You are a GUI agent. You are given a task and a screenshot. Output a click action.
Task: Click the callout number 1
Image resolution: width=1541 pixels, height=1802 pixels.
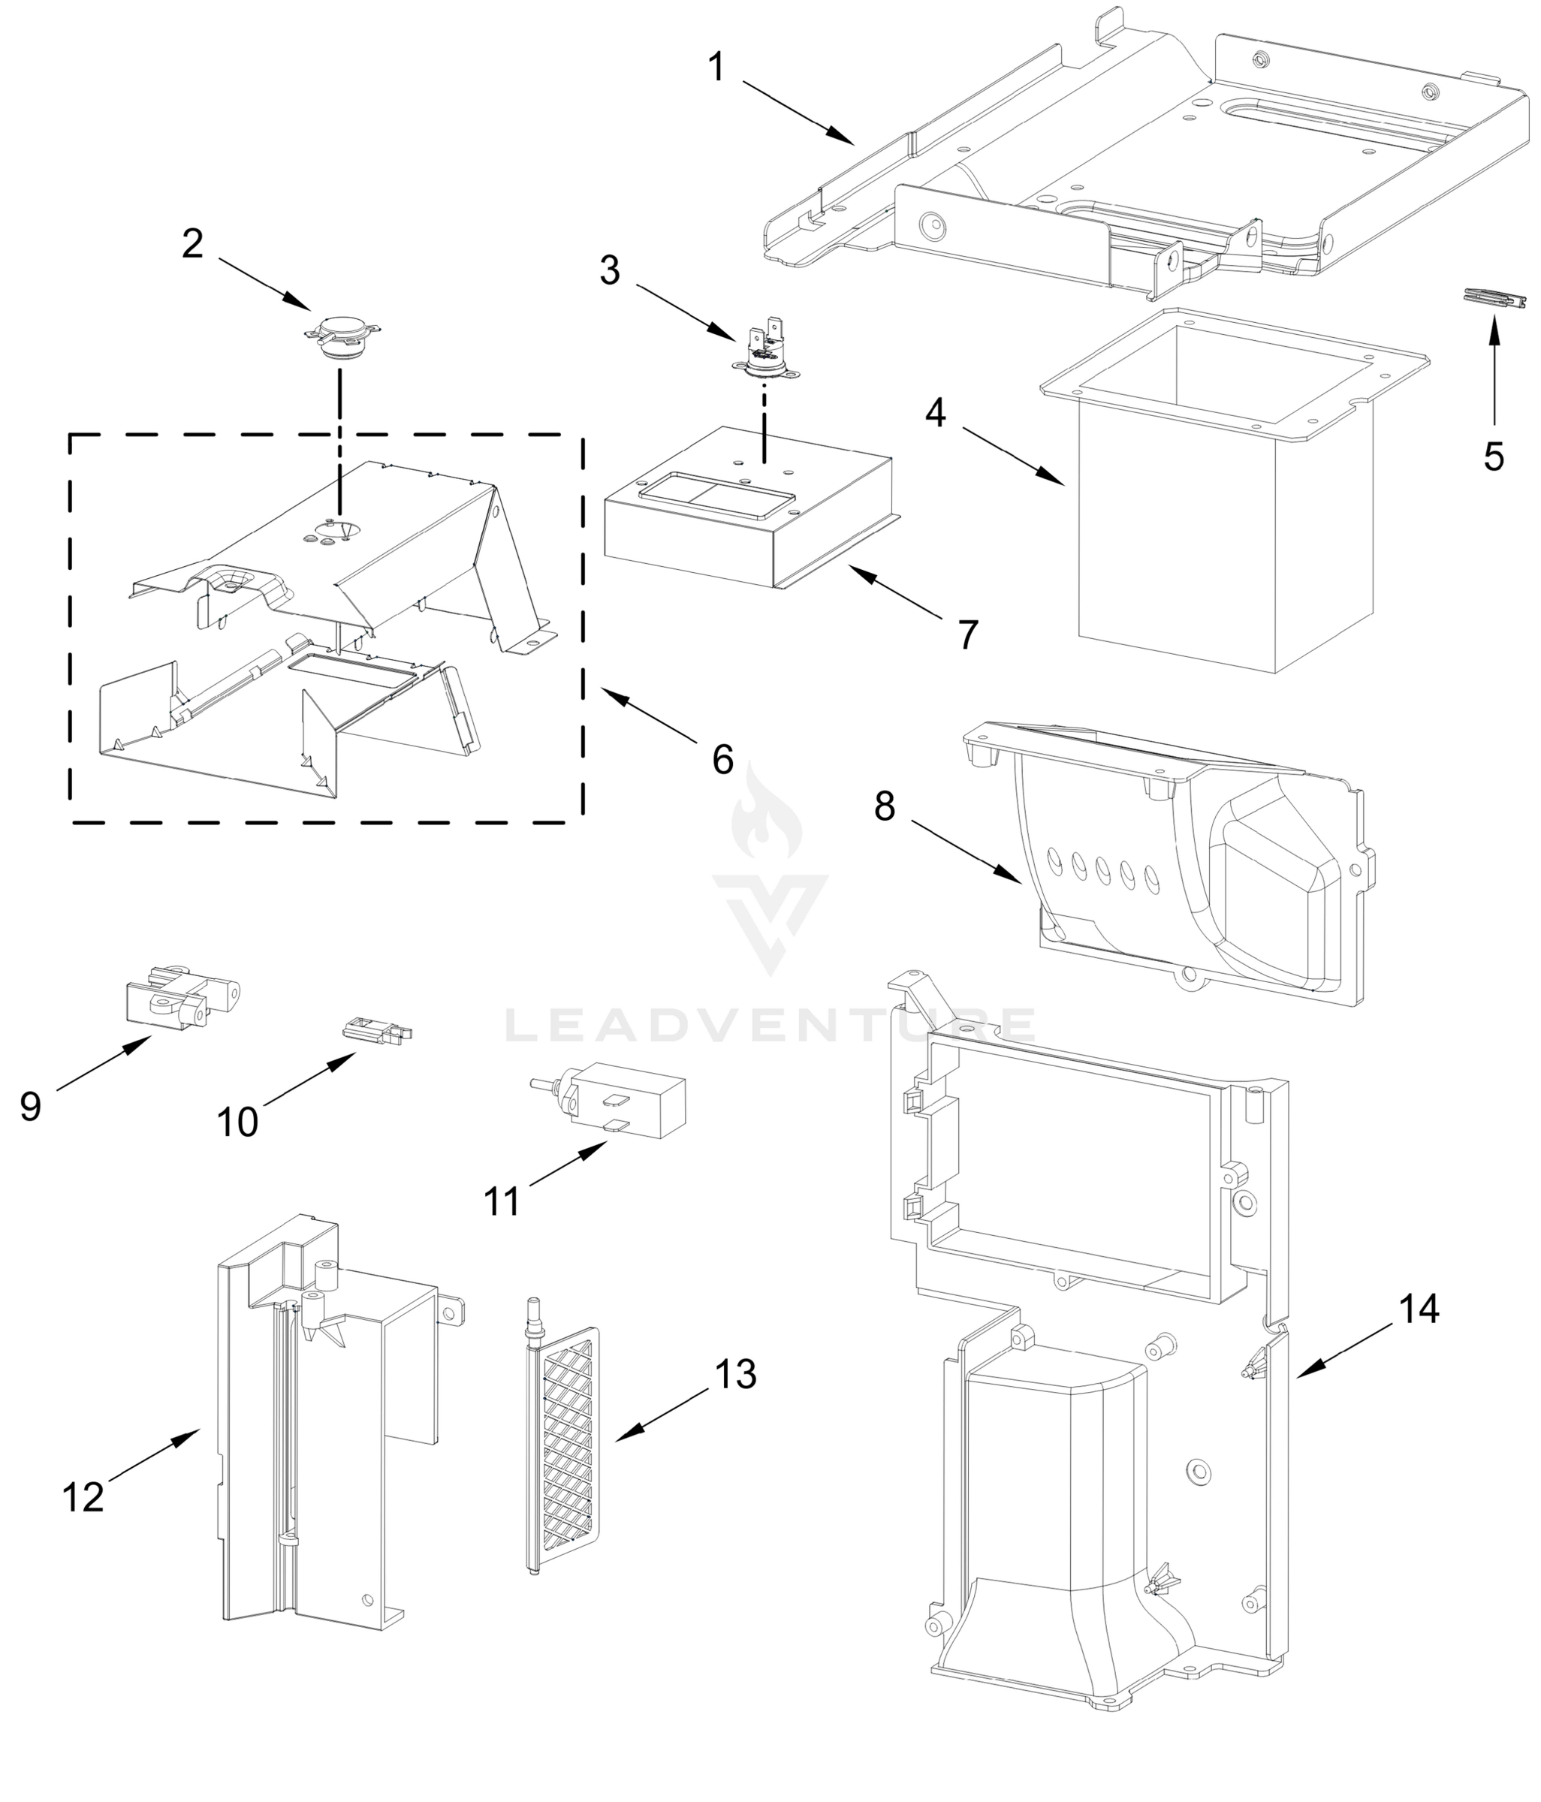pos(716,67)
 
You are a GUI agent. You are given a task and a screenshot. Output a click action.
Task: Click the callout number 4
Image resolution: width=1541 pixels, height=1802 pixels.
pos(935,412)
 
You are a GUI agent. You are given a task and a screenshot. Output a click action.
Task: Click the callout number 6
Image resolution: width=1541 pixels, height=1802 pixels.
pos(722,759)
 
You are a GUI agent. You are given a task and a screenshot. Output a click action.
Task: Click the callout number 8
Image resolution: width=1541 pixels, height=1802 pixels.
pos(885,806)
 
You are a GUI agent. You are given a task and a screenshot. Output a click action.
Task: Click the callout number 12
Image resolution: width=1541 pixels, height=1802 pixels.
pos(83,1496)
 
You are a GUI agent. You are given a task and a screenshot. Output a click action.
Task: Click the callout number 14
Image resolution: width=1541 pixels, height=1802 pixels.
pos(1419,1309)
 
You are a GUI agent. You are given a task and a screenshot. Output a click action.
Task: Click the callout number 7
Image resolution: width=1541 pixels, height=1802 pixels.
pos(968,635)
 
